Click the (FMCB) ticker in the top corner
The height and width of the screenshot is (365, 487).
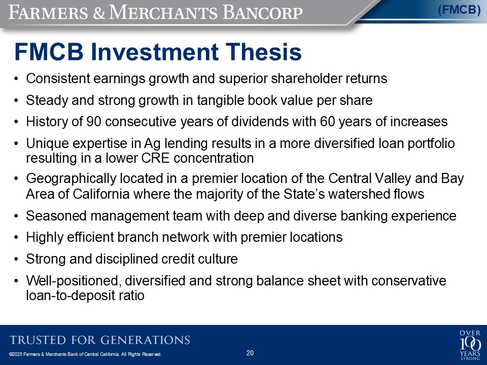tap(459, 10)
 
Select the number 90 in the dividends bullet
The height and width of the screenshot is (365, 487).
tap(94, 122)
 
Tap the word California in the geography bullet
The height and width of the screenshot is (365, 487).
tap(101, 194)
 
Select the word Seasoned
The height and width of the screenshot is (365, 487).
tap(56, 216)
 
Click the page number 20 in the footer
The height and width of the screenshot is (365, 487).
tap(250, 353)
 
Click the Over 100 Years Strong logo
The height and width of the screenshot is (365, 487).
tap(470, 345)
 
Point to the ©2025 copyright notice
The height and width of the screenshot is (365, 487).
tap(85, 354)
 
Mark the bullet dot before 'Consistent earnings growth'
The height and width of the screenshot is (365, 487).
tap(16, 79)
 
